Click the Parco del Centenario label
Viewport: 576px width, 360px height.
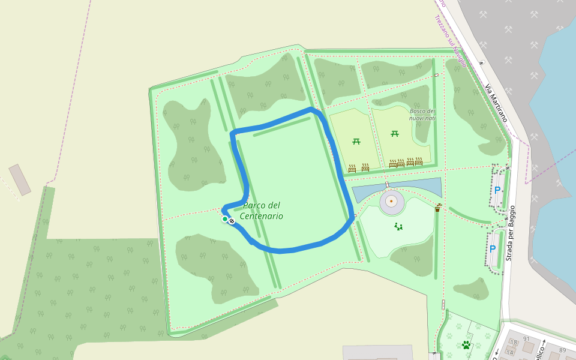262,211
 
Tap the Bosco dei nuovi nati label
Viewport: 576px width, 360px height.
422,115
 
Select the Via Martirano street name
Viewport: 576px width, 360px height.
496,103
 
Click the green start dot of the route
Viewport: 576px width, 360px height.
225,219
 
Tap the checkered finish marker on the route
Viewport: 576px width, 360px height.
232,221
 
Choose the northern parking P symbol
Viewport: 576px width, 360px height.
497,190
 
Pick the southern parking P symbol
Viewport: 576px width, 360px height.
493,248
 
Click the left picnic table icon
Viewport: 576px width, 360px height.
356,142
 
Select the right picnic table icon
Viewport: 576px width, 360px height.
395,133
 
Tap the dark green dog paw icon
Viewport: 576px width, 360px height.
466,344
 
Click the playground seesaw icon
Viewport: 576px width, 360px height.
398,226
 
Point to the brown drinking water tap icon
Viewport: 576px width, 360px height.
437,208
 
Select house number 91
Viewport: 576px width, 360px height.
526,338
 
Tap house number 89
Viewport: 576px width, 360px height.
562,350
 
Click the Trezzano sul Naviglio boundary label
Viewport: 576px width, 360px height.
451,33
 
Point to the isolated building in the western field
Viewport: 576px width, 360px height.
20,180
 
